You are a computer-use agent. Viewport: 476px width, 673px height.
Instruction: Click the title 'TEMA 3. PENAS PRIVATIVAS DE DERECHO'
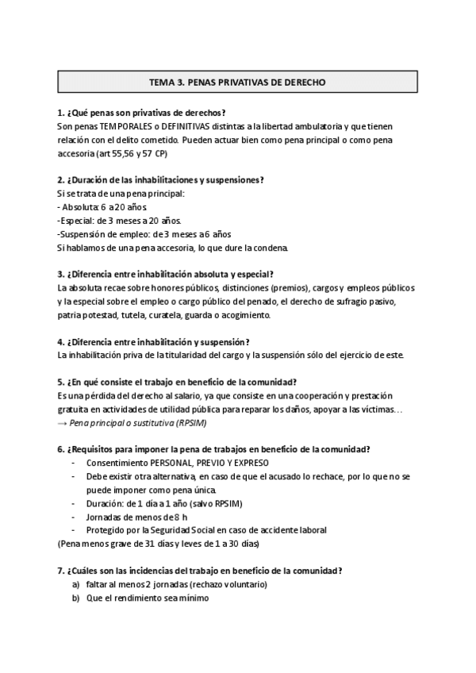tap(237, 82)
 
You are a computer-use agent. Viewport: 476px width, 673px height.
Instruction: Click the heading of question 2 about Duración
tap(161, 180)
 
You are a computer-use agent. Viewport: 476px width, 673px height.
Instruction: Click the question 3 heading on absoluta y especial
tap(165, 274)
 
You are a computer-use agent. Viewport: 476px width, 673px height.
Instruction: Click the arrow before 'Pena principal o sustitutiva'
tap(63, 422)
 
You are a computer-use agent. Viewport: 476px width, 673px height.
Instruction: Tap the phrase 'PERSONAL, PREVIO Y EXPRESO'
tap(217, 463)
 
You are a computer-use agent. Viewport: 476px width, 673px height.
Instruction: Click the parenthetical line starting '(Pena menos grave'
tap(159, 544)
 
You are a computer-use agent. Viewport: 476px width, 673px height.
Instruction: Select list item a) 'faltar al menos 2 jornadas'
tap(176, 584)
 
